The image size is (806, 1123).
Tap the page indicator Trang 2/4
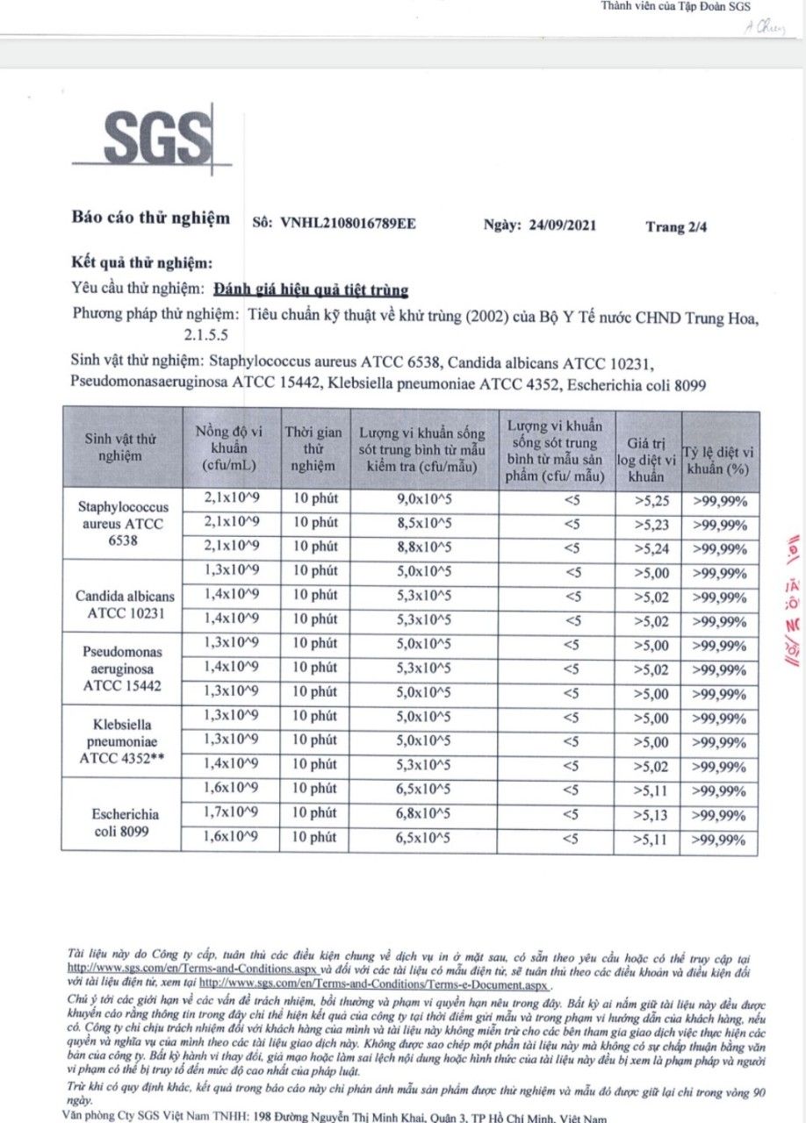click(676, 225)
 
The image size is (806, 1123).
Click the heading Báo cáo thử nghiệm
click(151, 218)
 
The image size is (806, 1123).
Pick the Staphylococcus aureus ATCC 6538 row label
click(123, 524)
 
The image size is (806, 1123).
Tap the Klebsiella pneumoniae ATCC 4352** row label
click(123, 741)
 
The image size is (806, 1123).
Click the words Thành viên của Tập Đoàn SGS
click(675, 6)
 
